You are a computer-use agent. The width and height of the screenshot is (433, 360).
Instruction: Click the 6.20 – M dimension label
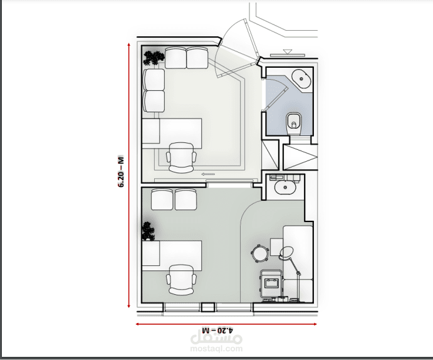[x=121, y=172]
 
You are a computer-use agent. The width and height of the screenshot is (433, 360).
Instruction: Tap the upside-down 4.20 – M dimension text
[x=217, y=330]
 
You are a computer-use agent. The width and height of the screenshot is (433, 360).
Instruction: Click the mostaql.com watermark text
[x=217, y=349]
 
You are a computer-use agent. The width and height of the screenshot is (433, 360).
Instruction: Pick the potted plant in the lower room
[x=148, y=231]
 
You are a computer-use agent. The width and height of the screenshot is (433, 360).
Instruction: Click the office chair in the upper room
[x=181, y=158]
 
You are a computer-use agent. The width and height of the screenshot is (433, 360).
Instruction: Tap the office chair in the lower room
[x=181, y=280]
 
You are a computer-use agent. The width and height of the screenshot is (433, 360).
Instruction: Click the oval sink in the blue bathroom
[x=301, y=79]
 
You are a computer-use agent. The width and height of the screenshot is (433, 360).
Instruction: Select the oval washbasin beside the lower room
[x=285, y=188]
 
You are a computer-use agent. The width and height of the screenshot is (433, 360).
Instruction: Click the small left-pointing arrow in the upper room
[x=208, y=174]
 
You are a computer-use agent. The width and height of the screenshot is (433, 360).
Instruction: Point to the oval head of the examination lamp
[x=286, y=253]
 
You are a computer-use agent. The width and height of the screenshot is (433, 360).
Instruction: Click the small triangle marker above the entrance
[x=288, y=51]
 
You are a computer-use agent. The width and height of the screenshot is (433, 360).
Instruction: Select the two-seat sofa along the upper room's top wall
[x=186, y=58]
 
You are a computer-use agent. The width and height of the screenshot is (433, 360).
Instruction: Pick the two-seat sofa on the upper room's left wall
[x=154, y=90]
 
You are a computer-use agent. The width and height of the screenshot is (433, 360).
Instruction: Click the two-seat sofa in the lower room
[x=174, y=199]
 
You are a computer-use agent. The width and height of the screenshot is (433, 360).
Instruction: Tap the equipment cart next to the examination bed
[x=271, y=283]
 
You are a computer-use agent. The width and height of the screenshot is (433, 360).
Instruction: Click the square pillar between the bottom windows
[x=208, y=307]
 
